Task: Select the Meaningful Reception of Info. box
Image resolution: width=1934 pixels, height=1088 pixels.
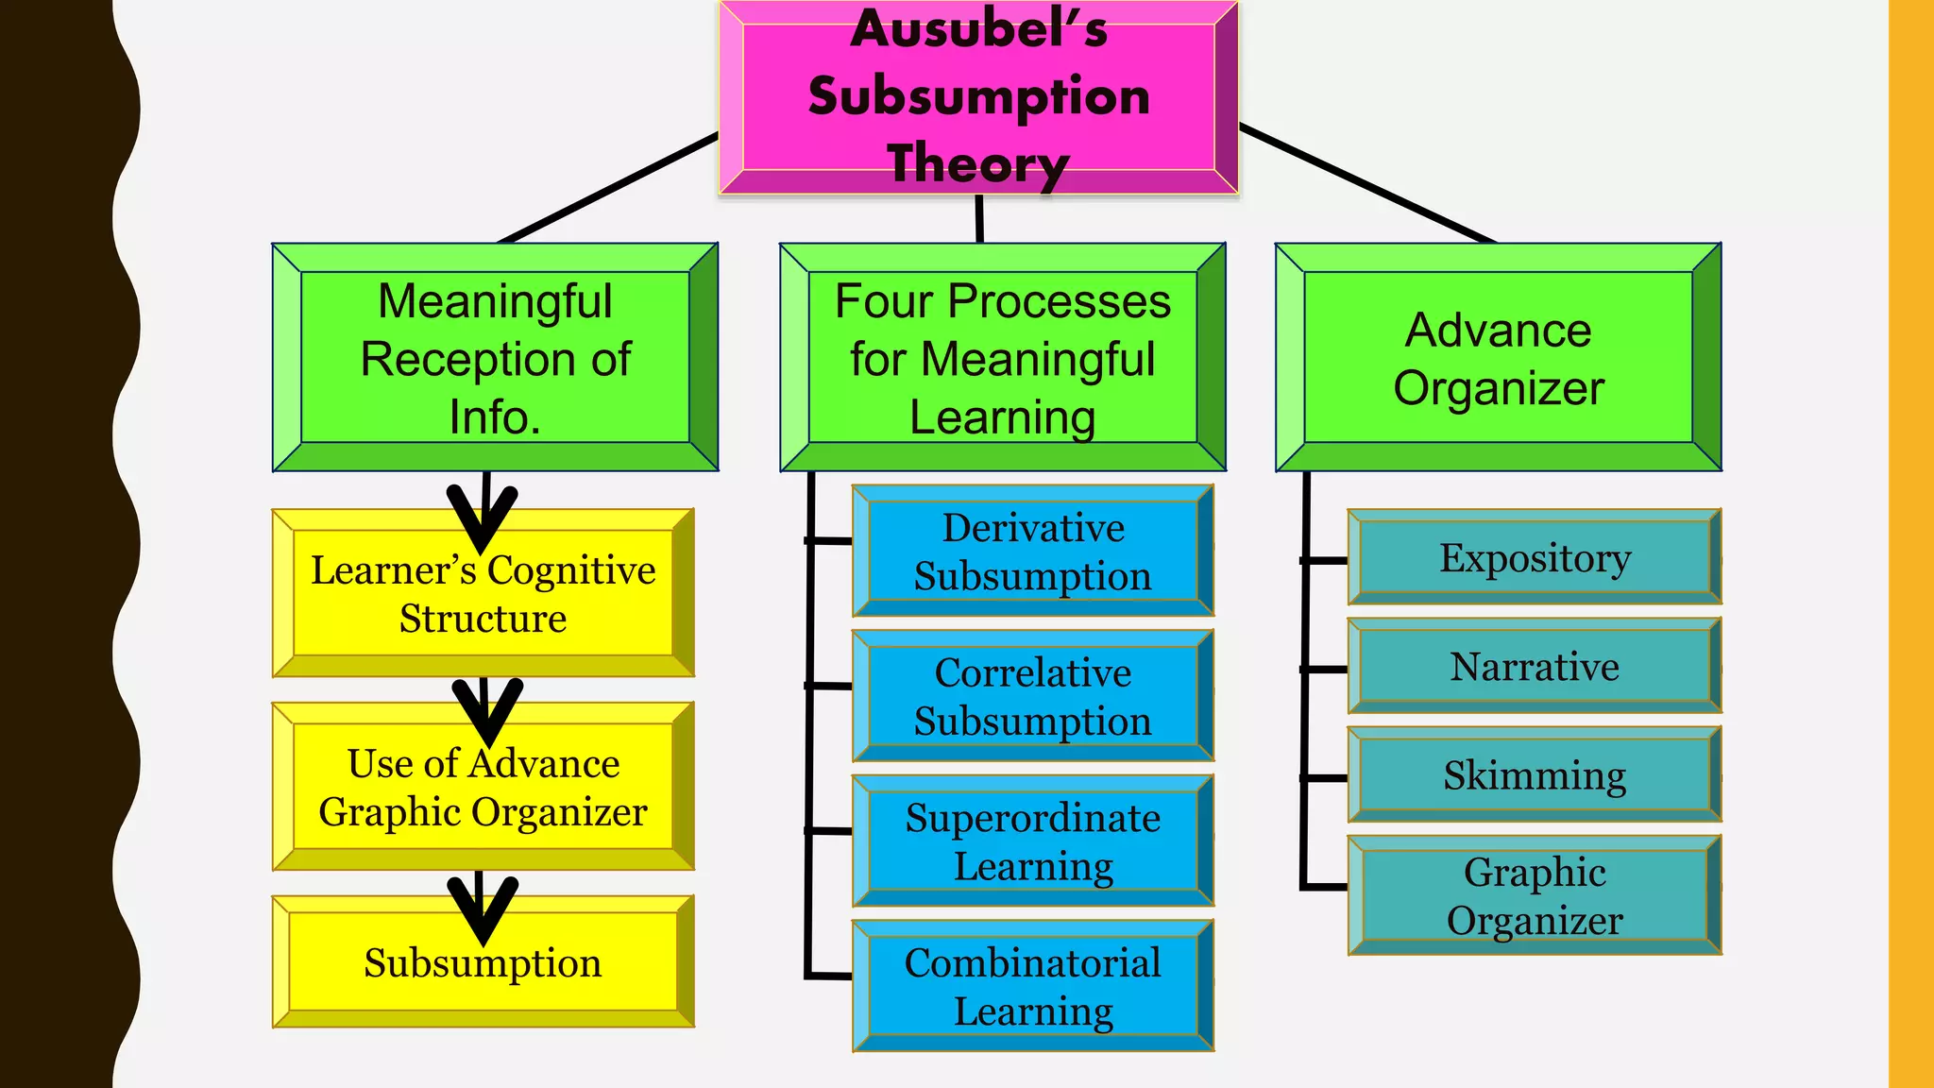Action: click(x=495, y=358)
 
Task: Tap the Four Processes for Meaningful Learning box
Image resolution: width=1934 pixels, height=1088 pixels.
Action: click(x=1002, y=358)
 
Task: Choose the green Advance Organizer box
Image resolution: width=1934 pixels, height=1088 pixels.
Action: click(x=1498, y=358)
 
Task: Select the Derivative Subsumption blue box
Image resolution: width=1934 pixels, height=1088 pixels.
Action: click(x=1032, y=552)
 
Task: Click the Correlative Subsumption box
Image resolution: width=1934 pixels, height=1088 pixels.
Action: click(x=1032, y=696)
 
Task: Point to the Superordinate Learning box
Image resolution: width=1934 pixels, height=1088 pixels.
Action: click(x=1032, y=841)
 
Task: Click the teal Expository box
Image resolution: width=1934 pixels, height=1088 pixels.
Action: click(x=1534, y=557)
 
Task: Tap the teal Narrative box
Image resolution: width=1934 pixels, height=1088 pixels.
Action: click(x=1534, y=666)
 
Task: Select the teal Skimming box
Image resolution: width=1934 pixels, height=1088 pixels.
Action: click(x=1534, y=774)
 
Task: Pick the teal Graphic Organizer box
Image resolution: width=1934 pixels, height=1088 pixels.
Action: click(x=1534, y=895)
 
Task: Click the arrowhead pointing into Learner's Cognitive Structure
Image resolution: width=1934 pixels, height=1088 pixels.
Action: click(x=483, y=524)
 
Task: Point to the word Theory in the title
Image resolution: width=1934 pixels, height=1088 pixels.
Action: click(x=977, y=163)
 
